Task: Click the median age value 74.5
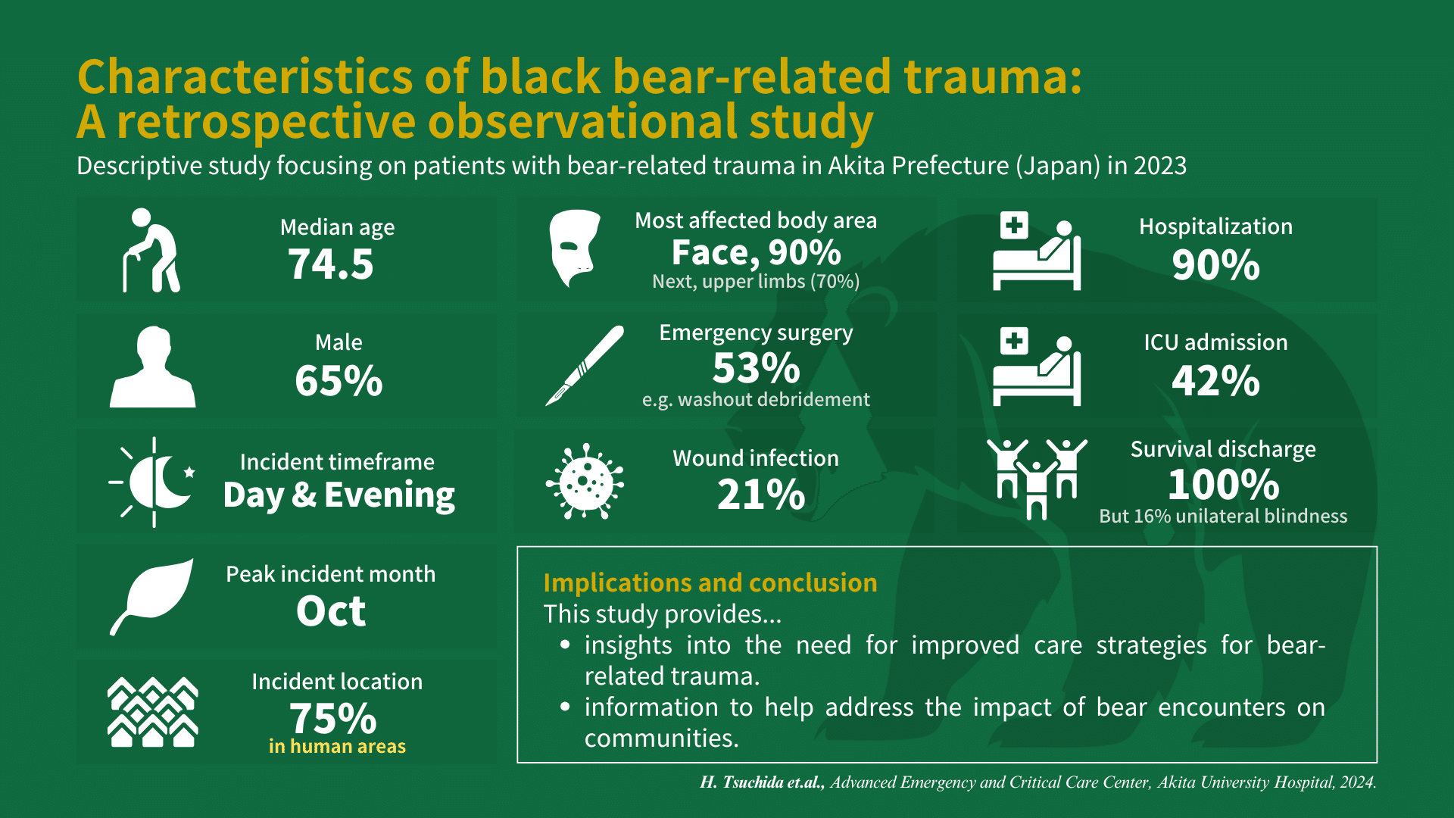pyautogui.click(x=331, y=264)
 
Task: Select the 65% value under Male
pyautogui.click(x=339, y=380)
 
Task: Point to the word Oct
pyautogui.click(x=331, y=611)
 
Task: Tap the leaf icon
pyautogui.click(x=152, y=596)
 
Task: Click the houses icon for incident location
pyautogui.click(x=153, y=712)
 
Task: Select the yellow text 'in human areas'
pyautogui.click(x=337, y=747)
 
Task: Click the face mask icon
pyautogui.click(x=573, y=248)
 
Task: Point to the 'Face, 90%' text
pyautogui.click(x=756, y=253)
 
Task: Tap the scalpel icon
pyautogui.click(x=585, y=366)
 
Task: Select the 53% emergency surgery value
pyautogui.click(x=756, y=368)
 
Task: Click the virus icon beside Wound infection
pyautogui.click(x=585, y=481)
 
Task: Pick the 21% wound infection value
pyautogui.click(x=761, y=495)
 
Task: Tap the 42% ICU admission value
pyautogui.click(x=1215, y=380)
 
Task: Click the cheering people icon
pyautogui.click(x=1037, y=479)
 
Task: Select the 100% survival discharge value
pyautogui.click(x=1223, y=485)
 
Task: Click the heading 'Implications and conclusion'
pyautogui.click(x=710, y=582)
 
